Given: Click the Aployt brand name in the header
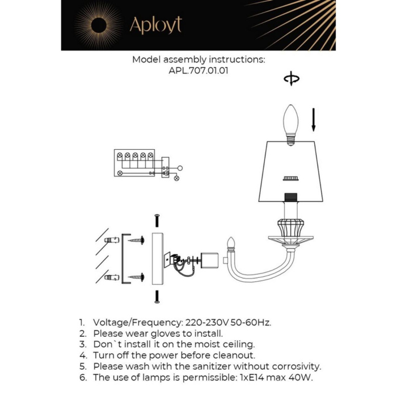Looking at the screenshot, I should tap(155, 25).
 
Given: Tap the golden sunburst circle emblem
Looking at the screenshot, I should tap(98, 24).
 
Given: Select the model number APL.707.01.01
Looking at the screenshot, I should tap(198, 71).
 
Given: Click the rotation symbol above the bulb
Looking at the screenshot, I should tap(292, 79).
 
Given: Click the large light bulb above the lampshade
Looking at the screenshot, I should tap(290, 123).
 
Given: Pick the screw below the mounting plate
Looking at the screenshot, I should tap(157, 295).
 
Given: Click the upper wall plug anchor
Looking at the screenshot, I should tap(112, 240).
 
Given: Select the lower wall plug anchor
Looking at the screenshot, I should tap(112, 277).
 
